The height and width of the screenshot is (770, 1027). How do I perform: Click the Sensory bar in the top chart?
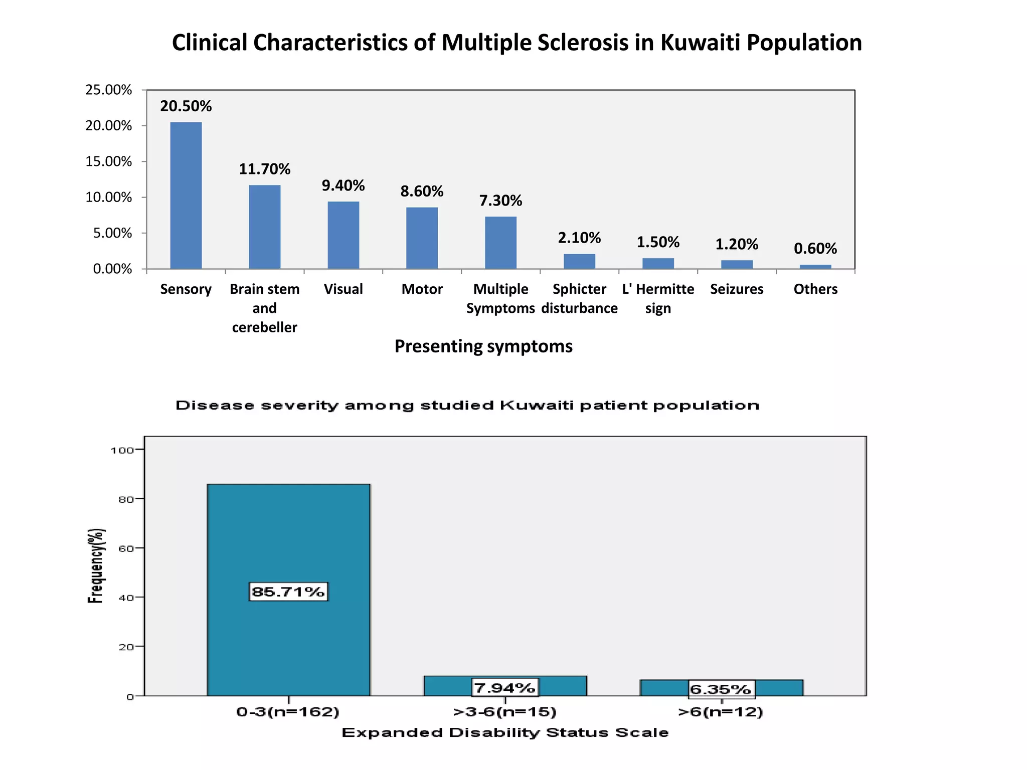click(x=186, y=196)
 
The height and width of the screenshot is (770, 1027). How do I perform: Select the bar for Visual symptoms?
click(x=343, y=235)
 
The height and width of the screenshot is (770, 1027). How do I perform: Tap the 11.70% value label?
click(x=264, y=169)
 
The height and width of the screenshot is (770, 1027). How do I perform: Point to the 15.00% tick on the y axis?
click(x=108, y=161)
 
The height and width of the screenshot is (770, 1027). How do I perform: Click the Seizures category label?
click(x=736, y=289)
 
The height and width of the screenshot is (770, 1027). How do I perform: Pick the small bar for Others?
click(x=815, y=267)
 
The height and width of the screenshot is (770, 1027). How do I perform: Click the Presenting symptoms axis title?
click(x=483, y=346)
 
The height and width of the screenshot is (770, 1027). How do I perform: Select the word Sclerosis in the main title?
click(x=582, y=43)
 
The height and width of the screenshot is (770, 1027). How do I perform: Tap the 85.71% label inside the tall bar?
click(x=288, y=592)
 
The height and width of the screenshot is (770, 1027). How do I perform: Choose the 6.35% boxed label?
click(x=720, y=689)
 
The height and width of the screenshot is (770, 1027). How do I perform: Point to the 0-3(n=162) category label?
click(x=288, y=712)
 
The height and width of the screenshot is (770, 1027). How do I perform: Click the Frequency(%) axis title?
click(x=96, y=565)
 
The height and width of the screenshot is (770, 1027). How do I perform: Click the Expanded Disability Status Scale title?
click(x=505, y=733)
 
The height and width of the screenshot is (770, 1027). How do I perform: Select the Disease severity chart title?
click(x=467, y=405)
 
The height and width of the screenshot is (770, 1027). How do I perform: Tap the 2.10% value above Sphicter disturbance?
click(x=579, y=238)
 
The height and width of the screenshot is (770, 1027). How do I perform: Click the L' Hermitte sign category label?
click(x=658, y=298)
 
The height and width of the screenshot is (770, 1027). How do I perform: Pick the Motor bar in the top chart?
click(x=422, y=238)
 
